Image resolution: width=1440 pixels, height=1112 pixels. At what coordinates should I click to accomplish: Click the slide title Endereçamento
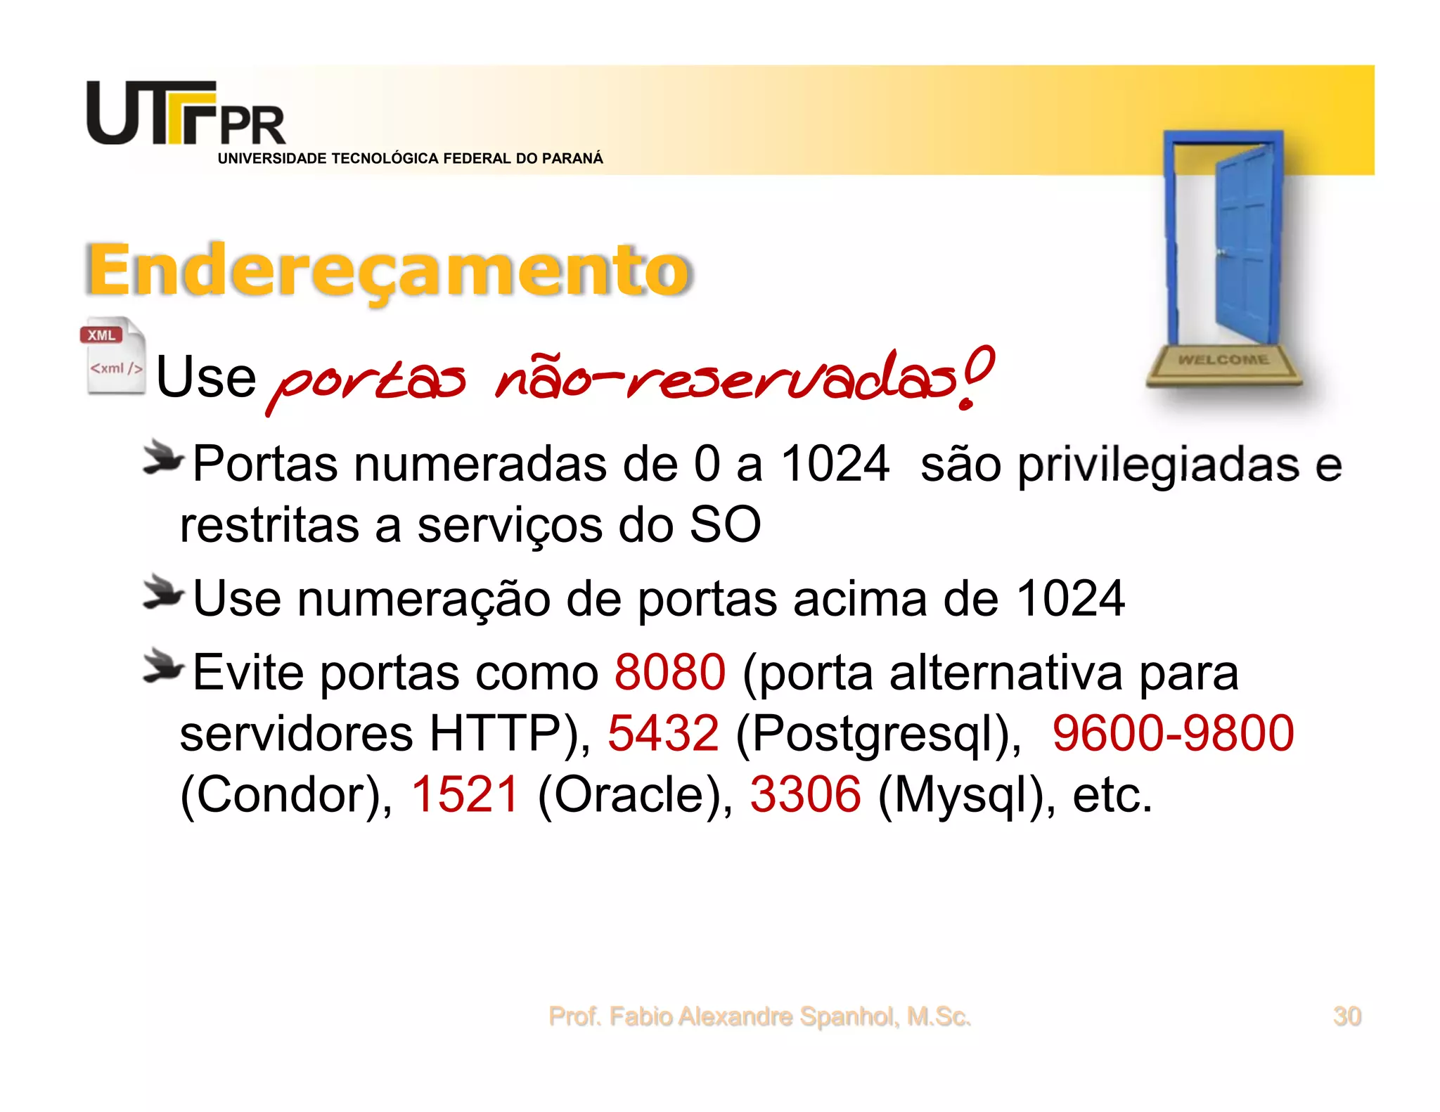click(x=389, y=271)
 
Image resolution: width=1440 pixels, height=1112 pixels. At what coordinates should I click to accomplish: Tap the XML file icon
click(x=113, y=356)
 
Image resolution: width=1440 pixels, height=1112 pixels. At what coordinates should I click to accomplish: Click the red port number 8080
click(x=669, y=673)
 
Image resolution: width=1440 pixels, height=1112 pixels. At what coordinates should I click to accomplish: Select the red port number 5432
click(x=663, y=734)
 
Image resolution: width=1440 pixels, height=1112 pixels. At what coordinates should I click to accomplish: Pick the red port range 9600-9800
click(x=1172, y=734)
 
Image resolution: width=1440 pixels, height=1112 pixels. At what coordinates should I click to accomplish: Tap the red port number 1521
click(x=465, y=795)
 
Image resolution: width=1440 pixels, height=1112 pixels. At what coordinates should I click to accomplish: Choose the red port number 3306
click(x=805, y=795)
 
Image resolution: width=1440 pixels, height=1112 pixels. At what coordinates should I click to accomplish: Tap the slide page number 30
click(x=1346, y=1016)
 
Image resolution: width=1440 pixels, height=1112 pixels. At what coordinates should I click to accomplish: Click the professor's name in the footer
click(x=759, y=1016)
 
